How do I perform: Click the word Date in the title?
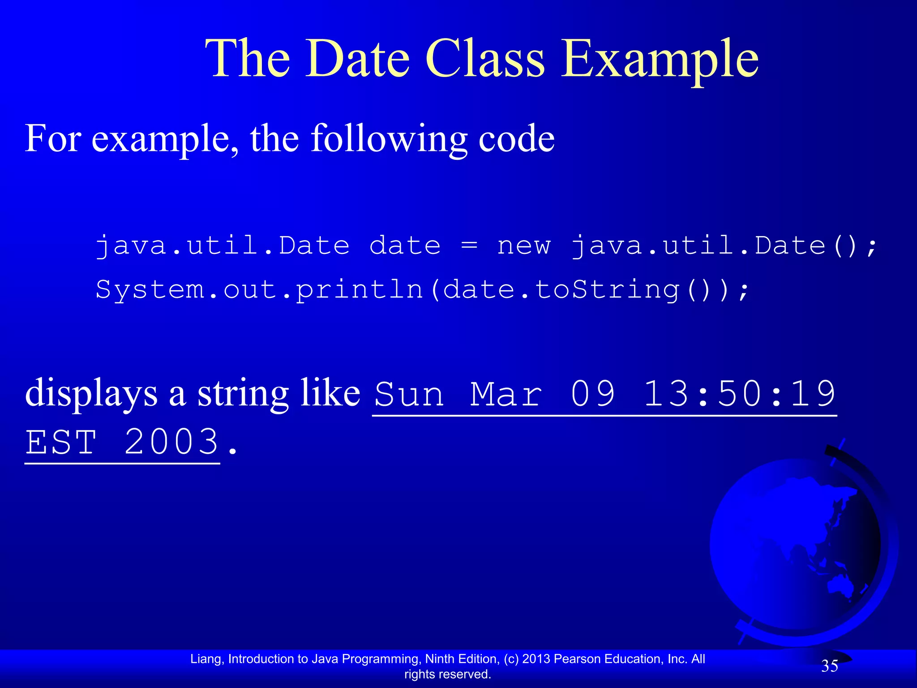pos(357,59)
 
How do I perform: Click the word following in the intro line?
pos(389,139)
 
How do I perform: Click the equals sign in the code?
pos(469,245)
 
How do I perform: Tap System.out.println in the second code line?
pos(259,290)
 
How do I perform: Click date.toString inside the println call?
pos(561,290)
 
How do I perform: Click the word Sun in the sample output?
pos(409,394)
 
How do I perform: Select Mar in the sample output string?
pos(506,394)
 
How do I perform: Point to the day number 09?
pos(593,394)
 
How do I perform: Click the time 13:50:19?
pos(739,394)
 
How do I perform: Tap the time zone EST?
pos(61,443)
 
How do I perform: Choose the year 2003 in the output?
pos(171,443)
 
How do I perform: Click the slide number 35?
pos(829,666)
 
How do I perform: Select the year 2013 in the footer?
pos(536,659)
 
